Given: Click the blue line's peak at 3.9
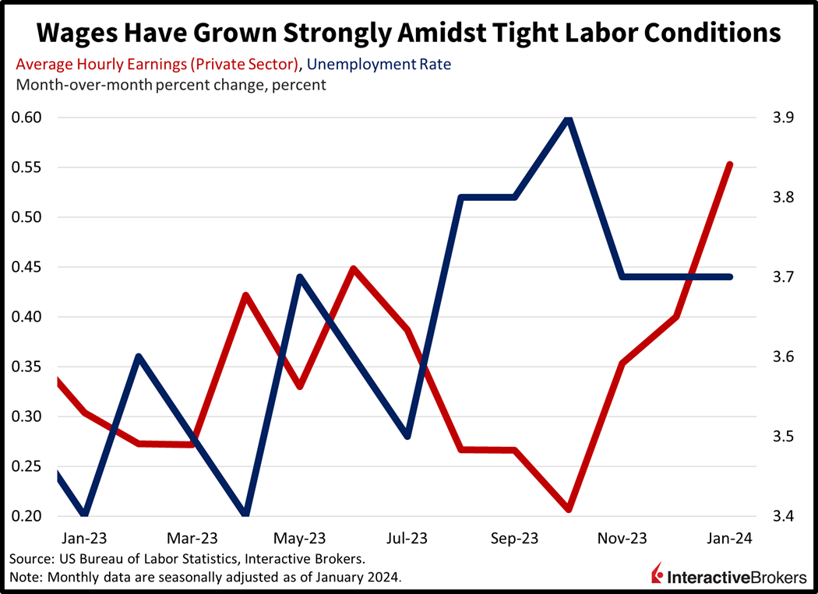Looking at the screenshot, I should [569, 118].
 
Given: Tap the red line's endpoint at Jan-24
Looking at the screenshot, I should [730, 164].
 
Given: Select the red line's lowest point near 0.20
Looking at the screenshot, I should [569, 509].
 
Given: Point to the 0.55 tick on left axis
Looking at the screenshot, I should [29, 167].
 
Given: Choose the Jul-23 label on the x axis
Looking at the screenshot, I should [407, 538].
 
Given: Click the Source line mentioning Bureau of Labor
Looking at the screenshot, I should [187, 559].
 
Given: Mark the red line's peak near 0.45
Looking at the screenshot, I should [354, 269].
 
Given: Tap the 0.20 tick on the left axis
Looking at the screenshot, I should [29, 516].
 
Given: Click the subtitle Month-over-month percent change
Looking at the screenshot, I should [171, 84].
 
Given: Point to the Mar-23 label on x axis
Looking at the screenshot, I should [193, 538].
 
